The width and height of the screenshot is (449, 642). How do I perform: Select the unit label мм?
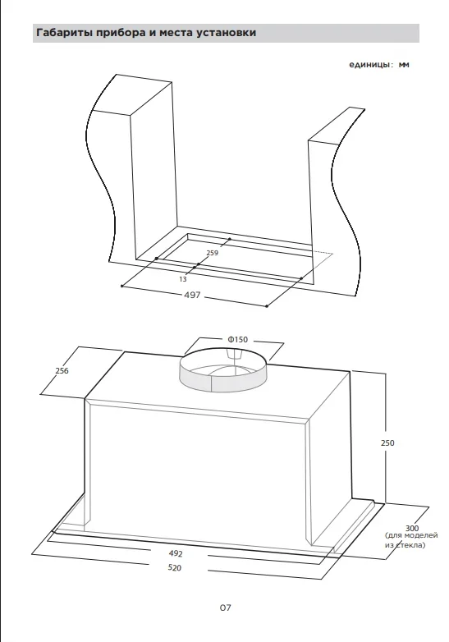click(404, 65)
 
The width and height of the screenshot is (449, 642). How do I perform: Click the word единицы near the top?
click(371, 65)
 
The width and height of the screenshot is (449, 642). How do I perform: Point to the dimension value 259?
click(213, 253)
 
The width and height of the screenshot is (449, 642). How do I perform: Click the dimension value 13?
click(183, 279)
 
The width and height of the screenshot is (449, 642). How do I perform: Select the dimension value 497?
click(192, 295)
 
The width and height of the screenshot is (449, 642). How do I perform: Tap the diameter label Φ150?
click(238, 339)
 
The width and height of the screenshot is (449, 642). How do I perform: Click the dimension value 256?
click(62, 370)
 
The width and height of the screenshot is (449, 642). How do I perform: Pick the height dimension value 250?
click(387, 443)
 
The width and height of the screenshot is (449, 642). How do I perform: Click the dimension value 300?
click(412, 528)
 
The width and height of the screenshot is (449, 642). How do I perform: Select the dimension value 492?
click(176, 553)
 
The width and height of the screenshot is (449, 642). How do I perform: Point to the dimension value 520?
click(175, 568)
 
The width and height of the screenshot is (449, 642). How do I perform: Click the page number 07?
click(225, 608)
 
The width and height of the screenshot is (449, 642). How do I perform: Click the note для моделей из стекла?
click(411, 540)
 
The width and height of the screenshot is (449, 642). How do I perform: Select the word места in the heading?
click(176, 33)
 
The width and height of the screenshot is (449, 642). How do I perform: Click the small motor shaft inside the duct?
click(235, 353)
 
